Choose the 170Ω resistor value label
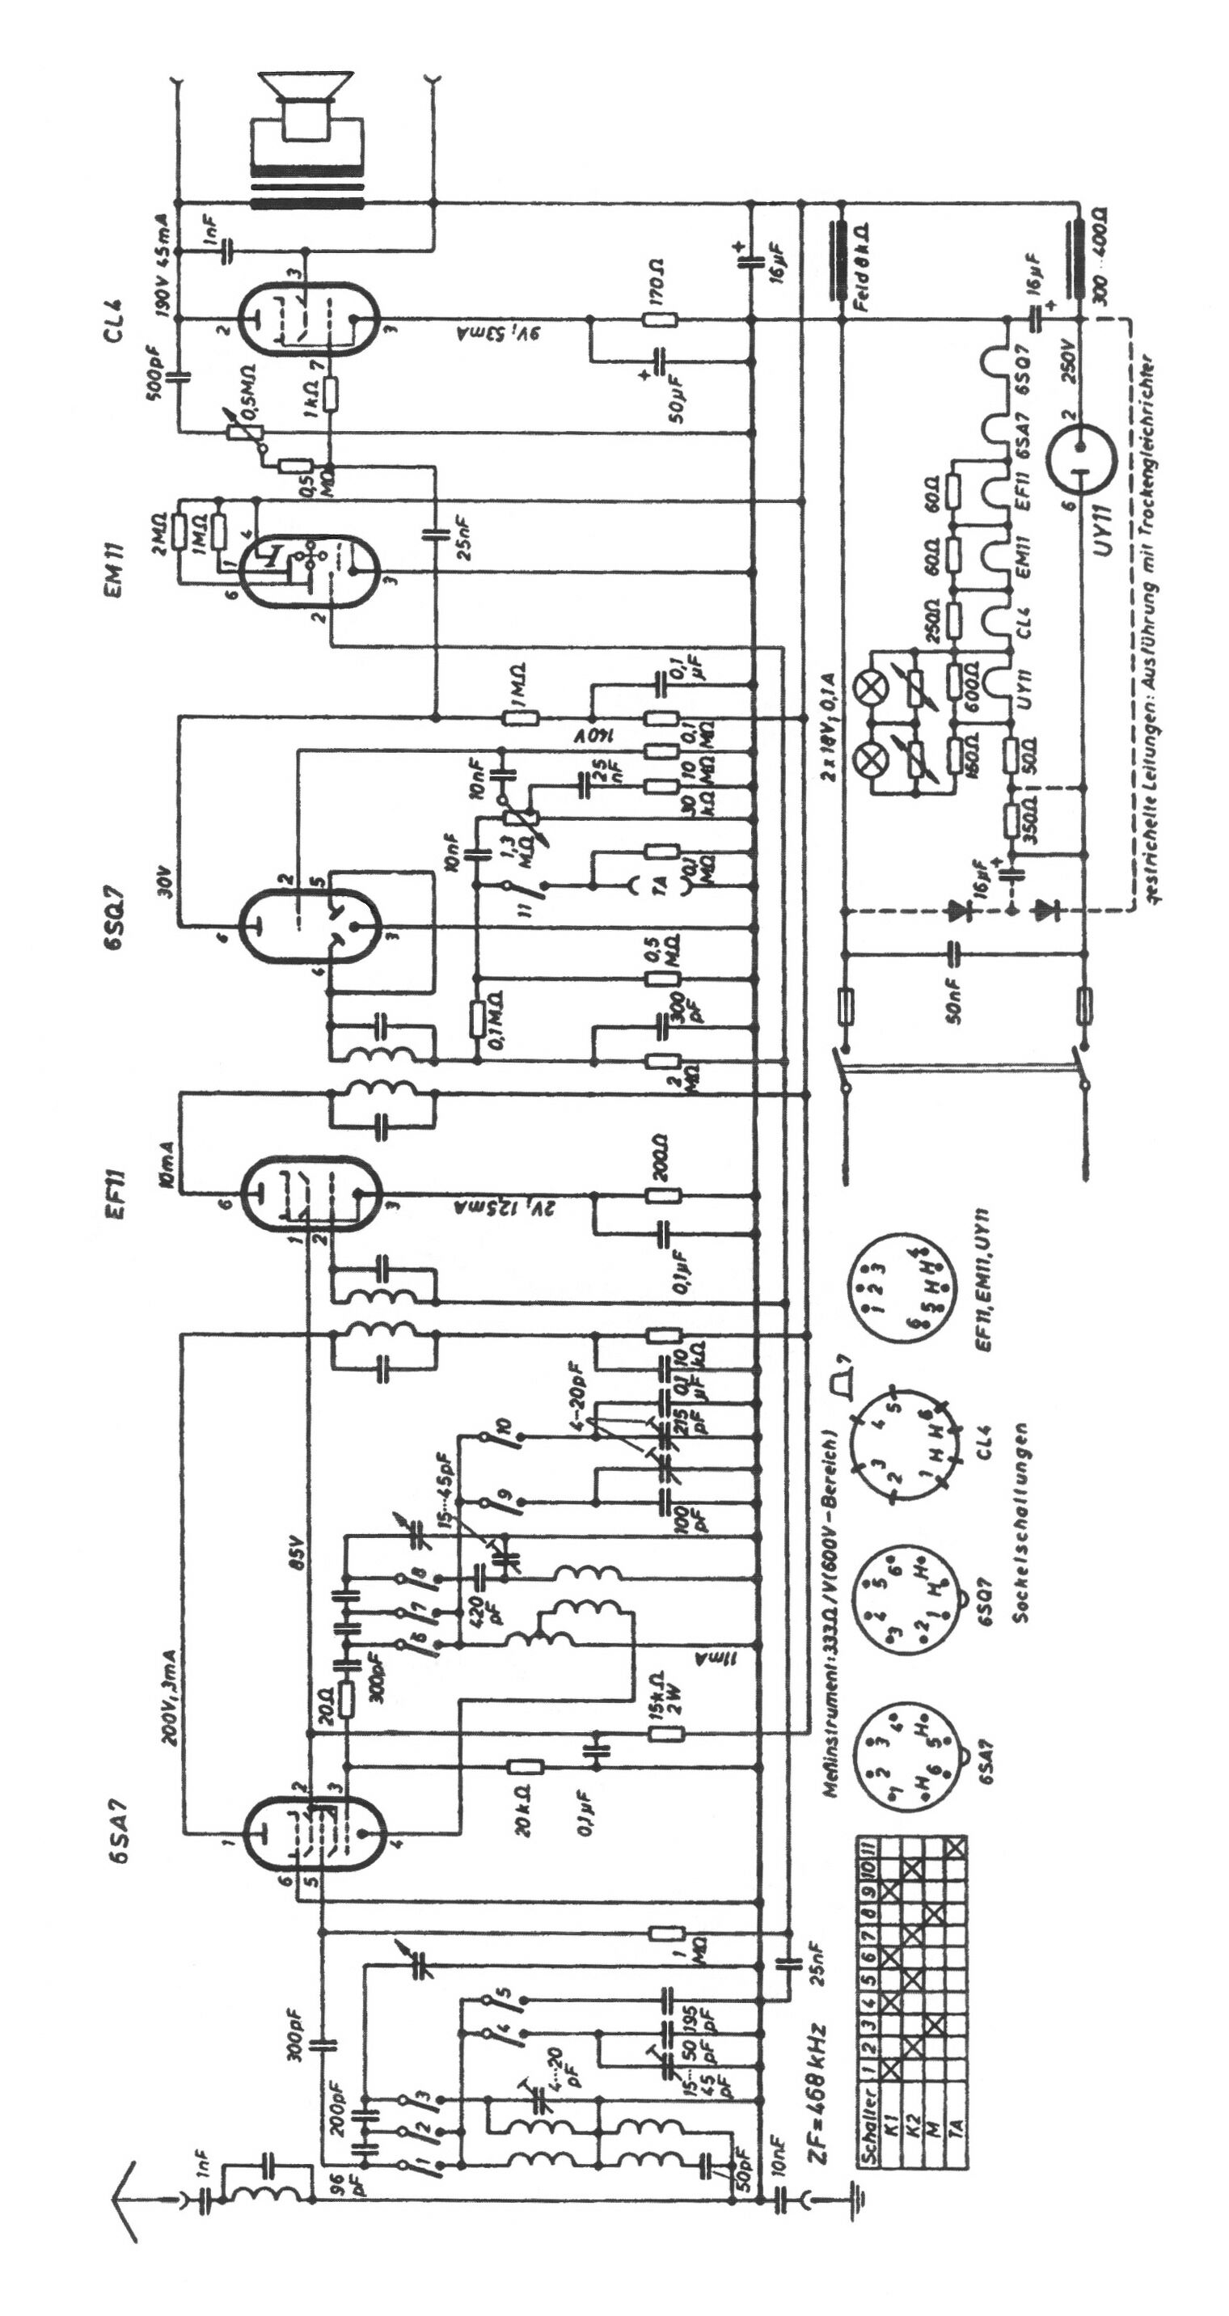657,281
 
